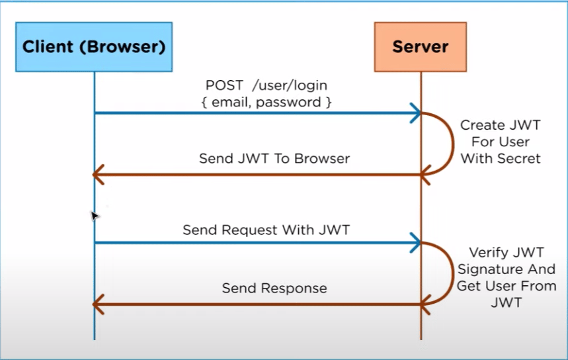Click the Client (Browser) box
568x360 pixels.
(94, 47)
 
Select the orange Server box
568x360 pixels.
(420, 47)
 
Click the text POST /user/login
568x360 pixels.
(266, 86)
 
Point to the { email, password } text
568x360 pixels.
(266, 102)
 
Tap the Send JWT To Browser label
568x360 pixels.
(274, 159)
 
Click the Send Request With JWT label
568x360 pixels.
(266, 230)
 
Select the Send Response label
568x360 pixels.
(274, 288)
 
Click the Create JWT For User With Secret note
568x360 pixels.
(501, 142)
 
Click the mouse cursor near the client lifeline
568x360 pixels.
(94, 215)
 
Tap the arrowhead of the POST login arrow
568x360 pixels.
(416, 113)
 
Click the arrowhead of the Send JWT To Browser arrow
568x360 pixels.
(99, 175)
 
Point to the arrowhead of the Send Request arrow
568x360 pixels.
(416, 243)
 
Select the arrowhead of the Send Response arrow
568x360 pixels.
(99, 304)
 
